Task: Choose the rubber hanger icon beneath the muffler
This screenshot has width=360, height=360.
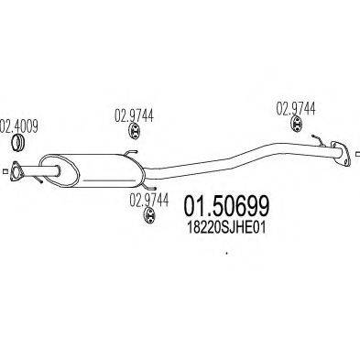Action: click(147, 216)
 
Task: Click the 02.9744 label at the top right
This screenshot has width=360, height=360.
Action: click(296, 106)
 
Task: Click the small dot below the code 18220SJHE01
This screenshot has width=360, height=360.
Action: click(225, 254)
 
